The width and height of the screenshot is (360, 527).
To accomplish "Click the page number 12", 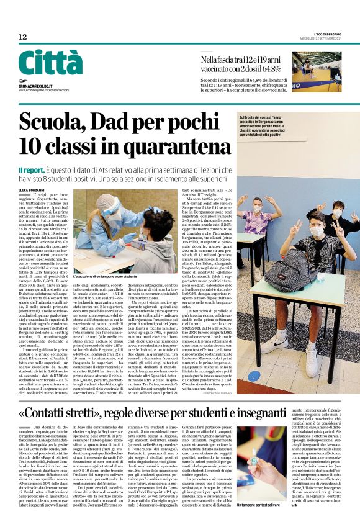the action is coord(23,37).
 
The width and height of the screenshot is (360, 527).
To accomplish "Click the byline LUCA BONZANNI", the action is coord(32,189).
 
